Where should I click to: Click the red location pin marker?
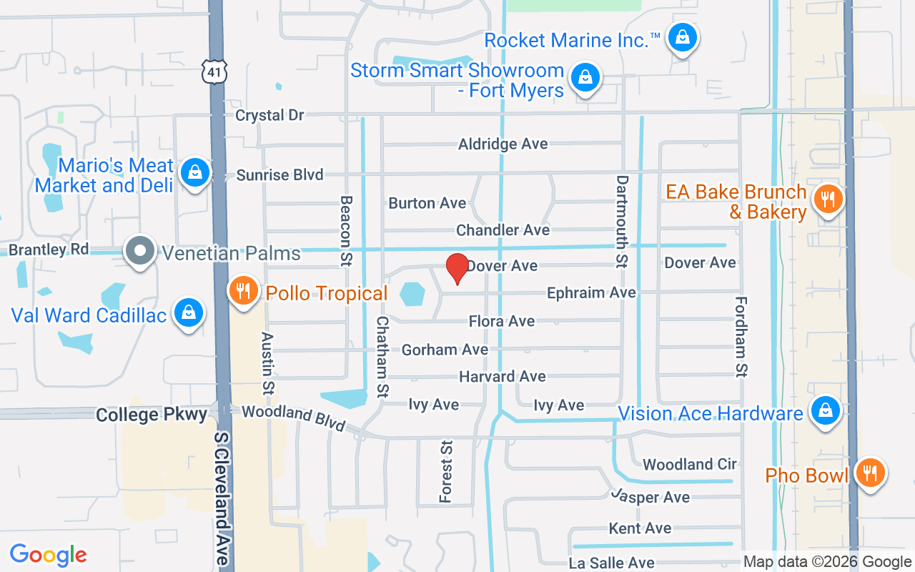coord(457,269)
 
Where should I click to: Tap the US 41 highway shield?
coord(215,69)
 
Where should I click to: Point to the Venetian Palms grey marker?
coord(141,251)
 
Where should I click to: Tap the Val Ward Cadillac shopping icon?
coord(187,313)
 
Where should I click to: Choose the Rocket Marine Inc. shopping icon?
coord(683,38)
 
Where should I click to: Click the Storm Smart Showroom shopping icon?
coord(585,76)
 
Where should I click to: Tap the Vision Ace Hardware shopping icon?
coord(825,411)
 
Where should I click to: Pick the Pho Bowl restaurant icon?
coord(869,473)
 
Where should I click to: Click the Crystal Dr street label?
coord(269,115)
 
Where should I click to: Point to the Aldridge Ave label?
coord(503,144)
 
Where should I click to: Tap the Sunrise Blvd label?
coord(280,174)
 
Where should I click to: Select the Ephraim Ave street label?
coord(591,292)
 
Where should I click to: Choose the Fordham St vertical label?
coord(741,336)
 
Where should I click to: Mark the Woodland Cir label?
coord(689,464)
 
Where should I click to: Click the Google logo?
coord(49,555)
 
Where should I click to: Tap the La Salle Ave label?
coord(612,563)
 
